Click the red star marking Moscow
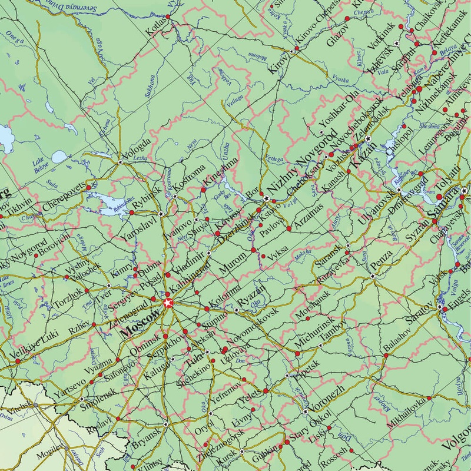click(x=168, y=303)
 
